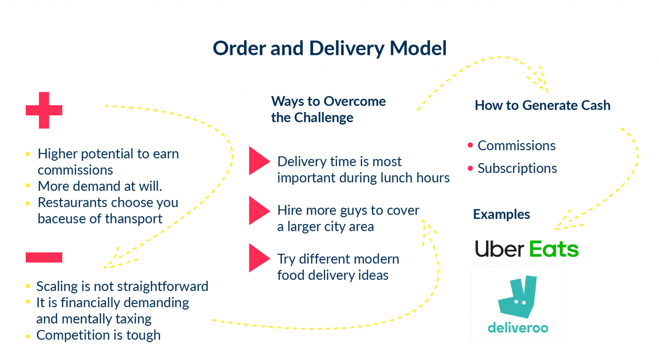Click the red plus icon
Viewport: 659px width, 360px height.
click(x=44, y=110)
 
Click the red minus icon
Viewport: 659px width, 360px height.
click(x=44, y=257)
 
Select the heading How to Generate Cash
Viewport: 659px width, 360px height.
click(x=542, y=106)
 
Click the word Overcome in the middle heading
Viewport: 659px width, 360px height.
click(x=355, y=101)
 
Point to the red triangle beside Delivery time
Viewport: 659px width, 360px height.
click(x=258, y=161)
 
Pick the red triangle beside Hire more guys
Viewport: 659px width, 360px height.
click(x=258, y=210)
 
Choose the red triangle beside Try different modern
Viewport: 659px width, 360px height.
click(x=258, y=258)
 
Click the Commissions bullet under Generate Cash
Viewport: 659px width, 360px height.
click(x=517, y=146)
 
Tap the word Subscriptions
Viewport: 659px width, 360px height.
click(x=517, y=169)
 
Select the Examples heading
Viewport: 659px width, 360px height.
click(x=502, y=214)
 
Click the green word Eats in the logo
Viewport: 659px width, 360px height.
click(x=553, y=249)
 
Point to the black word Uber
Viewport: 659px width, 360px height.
click(x=499, y=249)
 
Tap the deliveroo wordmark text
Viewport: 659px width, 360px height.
click(x=518, y=328)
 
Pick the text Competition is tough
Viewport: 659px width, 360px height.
click(x=98, y=335)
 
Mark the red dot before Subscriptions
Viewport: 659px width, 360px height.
click(x=470, y=168)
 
